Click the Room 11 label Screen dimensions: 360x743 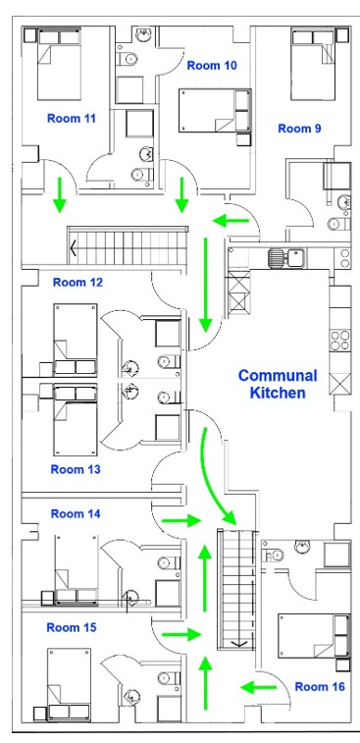(x=71, y=119)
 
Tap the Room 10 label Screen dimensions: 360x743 (x=212, y=66)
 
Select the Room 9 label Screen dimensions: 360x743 (x=299, y=129)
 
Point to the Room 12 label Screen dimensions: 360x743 (x=77, y=283)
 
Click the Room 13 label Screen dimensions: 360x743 (x=76, y=469)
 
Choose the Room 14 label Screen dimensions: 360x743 (x=76, y=513)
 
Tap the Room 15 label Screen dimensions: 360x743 (x=72, y=627)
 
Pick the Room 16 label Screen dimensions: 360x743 (x=320, y=687)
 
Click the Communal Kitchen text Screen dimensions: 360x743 (x=278, y=385)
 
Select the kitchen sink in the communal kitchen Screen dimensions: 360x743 (x=287, y=258)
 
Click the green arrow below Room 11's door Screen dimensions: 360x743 (x=59, y=194)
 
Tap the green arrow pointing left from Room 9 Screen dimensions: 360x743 (x=231, y=220)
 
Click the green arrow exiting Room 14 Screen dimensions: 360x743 (x=181, y=521)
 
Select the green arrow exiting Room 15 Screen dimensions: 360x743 (x=181, y=634)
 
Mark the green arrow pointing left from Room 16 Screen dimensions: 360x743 (x=259, y=687)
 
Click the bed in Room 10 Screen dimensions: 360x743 (x=215, y=110)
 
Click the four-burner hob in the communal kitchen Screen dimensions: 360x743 (x=340, y=341)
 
